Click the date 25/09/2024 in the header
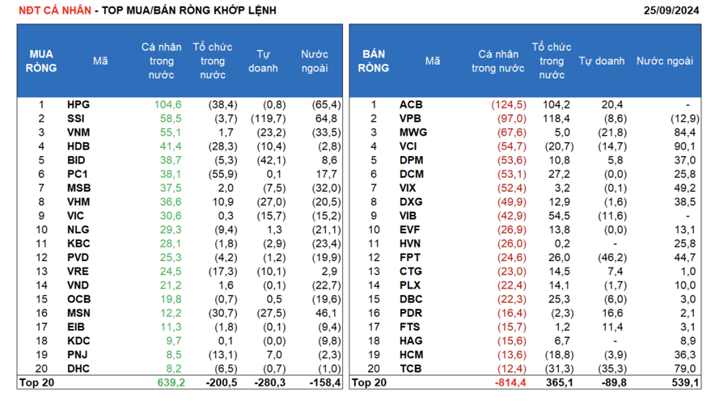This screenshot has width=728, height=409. (x=671, y=11)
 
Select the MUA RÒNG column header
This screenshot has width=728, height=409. (x=41, y=61)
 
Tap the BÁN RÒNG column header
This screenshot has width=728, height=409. (x=374, y=61)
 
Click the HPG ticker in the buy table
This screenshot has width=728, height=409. (x=78, y=104)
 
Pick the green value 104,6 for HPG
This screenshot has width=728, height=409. (x=167, y=104)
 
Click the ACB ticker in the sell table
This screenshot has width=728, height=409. (x=411, y=104)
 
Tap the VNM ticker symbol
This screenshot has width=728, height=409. (x=78, y=133)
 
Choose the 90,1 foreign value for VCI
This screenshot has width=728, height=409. (x=684, y=146)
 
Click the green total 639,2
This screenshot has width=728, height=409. (x=170, y=382)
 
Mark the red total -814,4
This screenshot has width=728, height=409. (x=510, y=382)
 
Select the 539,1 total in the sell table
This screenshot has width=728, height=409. (x=684, y=382)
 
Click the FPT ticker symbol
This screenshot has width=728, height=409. (x=411, y=257)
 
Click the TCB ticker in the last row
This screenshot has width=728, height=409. (x=411, y=369)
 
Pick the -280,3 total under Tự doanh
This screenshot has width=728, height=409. (x=270, y=382)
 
